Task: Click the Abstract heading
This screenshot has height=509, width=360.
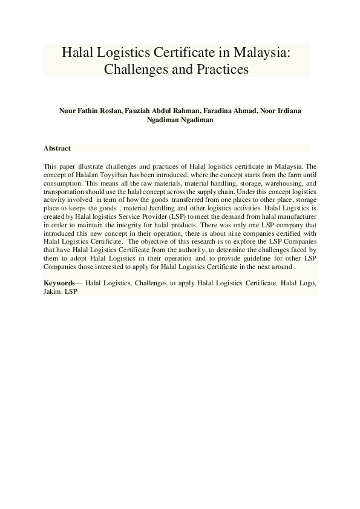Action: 57,148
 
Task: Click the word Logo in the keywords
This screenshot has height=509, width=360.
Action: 305,283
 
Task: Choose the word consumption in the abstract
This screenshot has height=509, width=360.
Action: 62,182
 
